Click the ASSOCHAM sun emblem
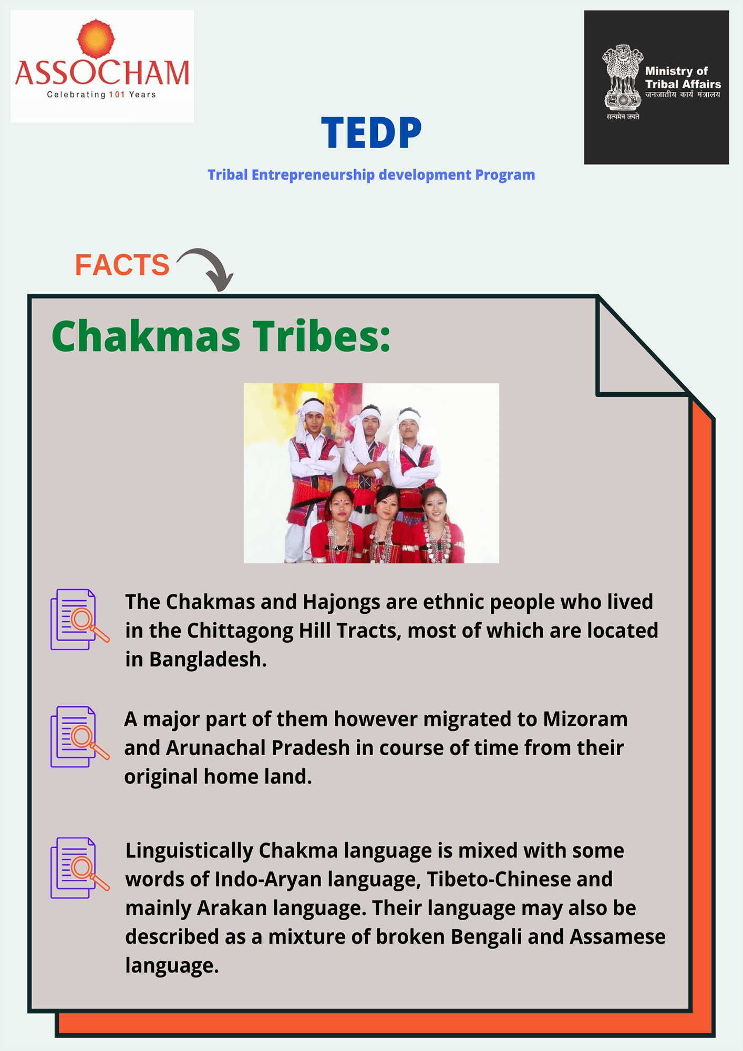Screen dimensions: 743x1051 click(96, 39)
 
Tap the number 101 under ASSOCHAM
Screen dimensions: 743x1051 click(117, 95)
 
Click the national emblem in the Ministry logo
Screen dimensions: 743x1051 click(623, 77)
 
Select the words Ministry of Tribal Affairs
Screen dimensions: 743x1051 click(683, 77)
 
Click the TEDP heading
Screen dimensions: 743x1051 click(371, 133)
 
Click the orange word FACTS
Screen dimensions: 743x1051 click(122, 265)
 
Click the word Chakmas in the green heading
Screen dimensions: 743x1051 click(146, 336)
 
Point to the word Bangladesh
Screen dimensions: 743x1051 click(208, 660)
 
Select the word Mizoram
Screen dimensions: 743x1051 click(585, 719)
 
